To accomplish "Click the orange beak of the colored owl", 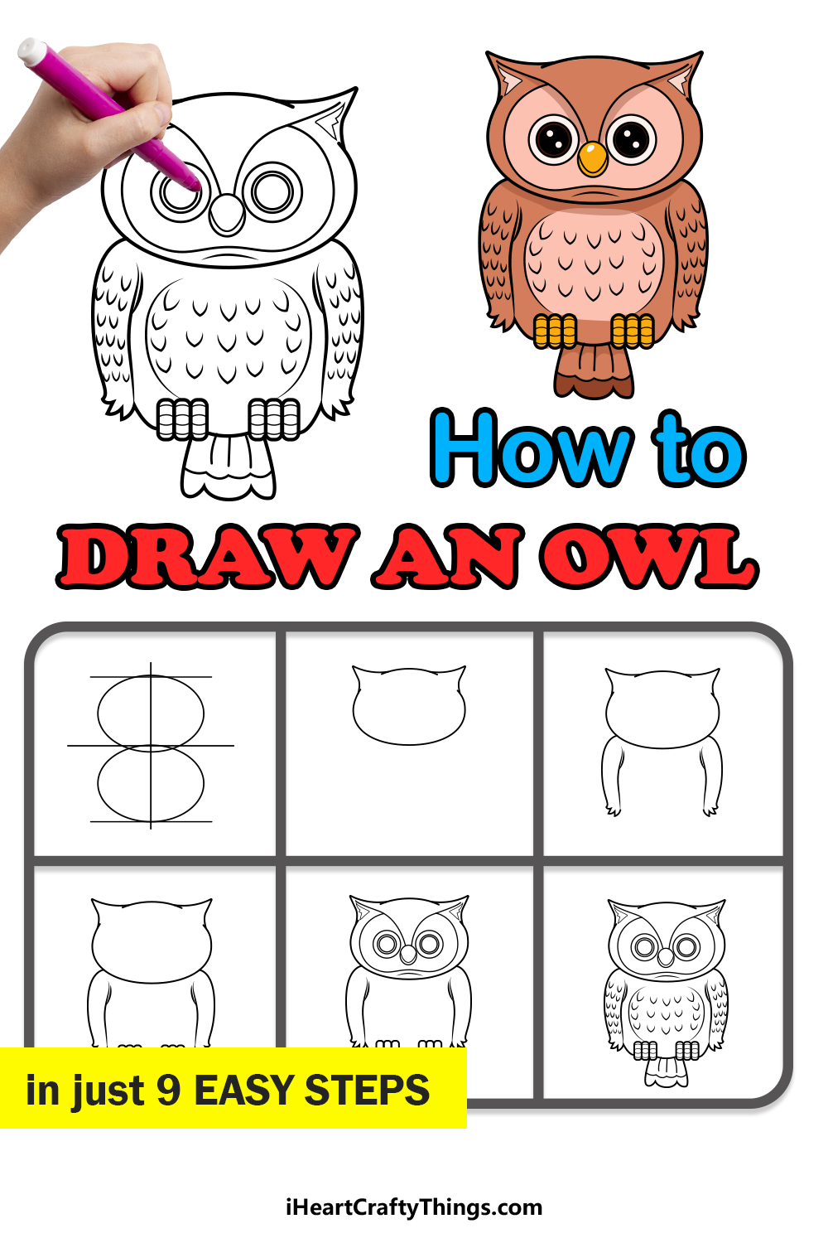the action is point(592,159).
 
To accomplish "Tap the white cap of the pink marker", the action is point(31,51).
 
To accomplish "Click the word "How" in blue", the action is point(532,448).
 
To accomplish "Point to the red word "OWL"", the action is point(648,557).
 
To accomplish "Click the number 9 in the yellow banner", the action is point(169,1090).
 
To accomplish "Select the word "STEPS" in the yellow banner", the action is point(367,1090).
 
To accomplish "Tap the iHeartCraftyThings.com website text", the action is point(414,1207).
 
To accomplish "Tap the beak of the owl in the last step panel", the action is point(666,956).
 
